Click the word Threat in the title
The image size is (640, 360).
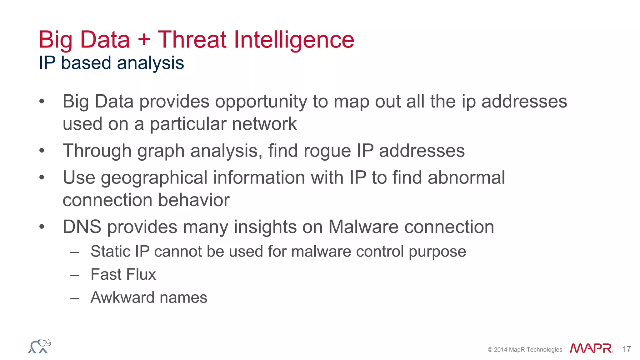[192, 40]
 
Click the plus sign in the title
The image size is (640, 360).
[144, 40]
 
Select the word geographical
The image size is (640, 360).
[154, 178]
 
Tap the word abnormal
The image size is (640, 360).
[466, 177]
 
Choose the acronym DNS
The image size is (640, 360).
[82, 227]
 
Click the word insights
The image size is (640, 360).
[265, 227]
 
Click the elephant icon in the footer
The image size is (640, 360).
[40, 346]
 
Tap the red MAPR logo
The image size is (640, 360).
[591, 348]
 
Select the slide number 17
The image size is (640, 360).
[626, 349]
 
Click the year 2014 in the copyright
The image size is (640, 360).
[501, 350]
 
